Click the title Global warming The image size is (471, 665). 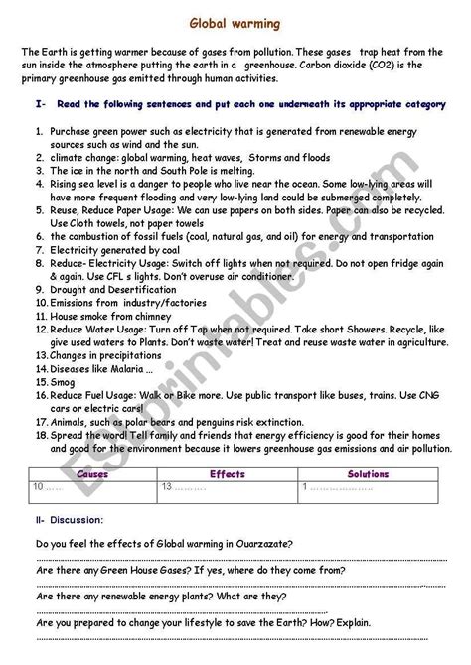click(x=235, y=23)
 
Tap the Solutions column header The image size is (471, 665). click(x=368, y=474)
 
